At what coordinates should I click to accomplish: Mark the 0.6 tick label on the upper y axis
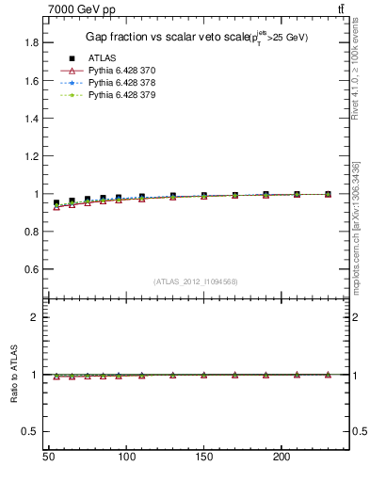click(x=31, y=269)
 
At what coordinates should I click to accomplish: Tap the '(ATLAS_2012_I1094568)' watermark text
click(x=196, y=281)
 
